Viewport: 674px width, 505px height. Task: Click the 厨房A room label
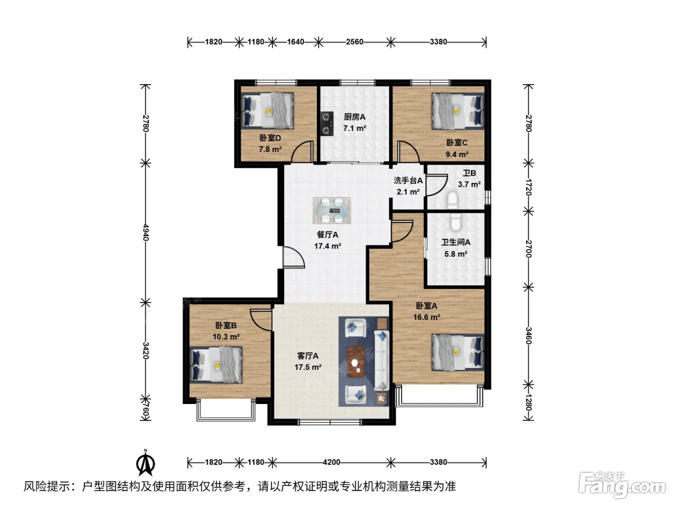pos(354,117)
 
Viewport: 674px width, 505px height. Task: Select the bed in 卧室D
pos(268,111)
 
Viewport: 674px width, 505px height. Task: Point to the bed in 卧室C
pos(457,111)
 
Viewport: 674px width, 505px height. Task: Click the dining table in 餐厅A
pos(332,210)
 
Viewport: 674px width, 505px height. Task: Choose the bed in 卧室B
pos(216,365)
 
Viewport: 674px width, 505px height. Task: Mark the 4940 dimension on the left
pos(145,233)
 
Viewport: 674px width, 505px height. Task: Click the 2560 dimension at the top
pos(355,42)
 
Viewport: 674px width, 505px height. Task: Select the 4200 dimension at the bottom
pos(332,462)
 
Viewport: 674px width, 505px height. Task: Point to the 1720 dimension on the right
pos(528,188)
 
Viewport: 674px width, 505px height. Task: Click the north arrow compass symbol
pos(145,463)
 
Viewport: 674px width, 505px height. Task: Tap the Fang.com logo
pos(622,486)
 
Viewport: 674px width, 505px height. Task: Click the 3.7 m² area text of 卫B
pos(469,185)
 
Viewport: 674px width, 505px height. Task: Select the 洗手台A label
pos(408,181)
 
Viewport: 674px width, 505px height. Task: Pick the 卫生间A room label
pos(456,242)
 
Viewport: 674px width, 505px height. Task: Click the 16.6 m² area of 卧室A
pos(427,317)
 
